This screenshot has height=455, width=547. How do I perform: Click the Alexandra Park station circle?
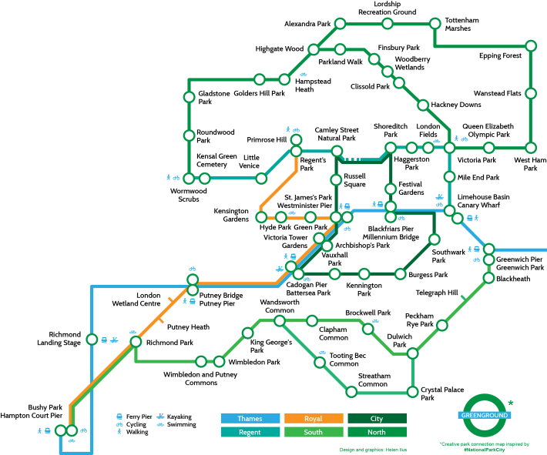pyautogui.click(x=339, y=25)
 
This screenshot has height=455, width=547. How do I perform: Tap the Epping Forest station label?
pyautogui.click(x=500, y=55)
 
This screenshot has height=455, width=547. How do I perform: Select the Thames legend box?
pyautogui.click(x=250, y=419)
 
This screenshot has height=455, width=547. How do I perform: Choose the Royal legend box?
pyautogui.click(x=313, y=419)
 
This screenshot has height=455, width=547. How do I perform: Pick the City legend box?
pyautogui.click(x=377, y=419)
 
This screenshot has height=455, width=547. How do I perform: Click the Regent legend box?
pyautogui.click(x=250, y=432)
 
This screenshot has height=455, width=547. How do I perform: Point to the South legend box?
pyautogui.click(x=313, y=432)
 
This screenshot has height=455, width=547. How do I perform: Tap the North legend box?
pyautogui.click(x=377, y=432)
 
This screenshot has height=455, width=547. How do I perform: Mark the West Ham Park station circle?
pyautogui.click(x=531, y=147)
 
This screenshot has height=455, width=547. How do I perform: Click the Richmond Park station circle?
pyautogui.click(x=136, y=342)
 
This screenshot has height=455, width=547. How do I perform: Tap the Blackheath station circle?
pyautogui.click(x=488, y=279)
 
